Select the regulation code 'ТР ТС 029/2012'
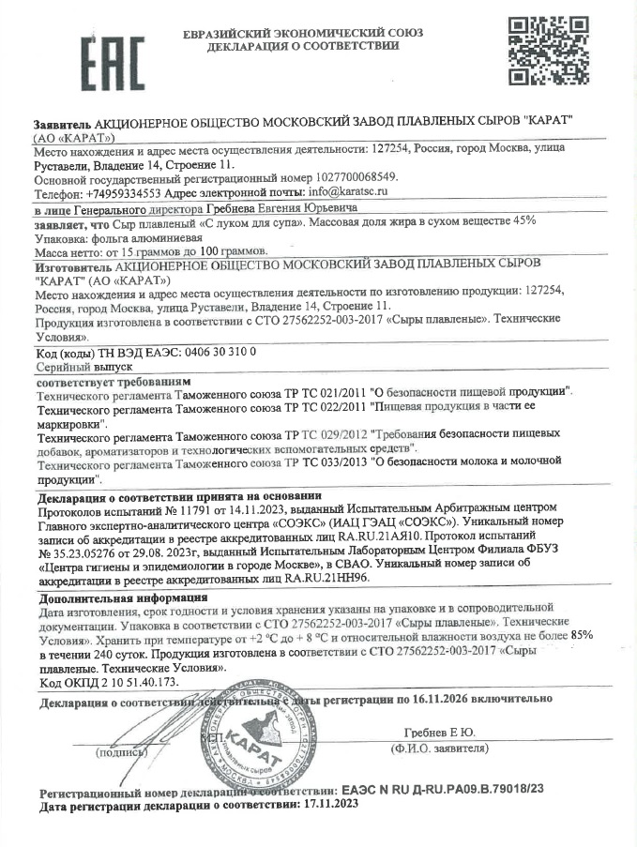pos(328,434)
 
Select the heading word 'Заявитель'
pos(62,125)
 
